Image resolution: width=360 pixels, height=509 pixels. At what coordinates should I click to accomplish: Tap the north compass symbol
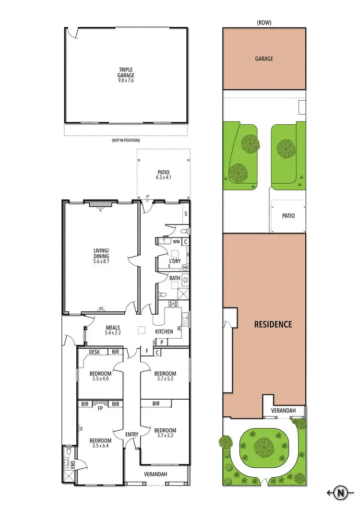[341, 492]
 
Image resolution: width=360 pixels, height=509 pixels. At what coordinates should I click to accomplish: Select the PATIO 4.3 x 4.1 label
[164, 175]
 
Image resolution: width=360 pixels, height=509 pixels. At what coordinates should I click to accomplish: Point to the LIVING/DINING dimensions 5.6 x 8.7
[102, 262]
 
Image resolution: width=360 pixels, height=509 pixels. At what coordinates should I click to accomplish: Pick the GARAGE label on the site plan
[264, 59]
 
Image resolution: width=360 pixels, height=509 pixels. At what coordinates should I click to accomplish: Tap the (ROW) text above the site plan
[264, 22]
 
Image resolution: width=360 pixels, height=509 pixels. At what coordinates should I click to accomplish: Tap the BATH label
[174, 278]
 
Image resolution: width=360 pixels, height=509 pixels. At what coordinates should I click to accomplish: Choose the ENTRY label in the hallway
[132, 435]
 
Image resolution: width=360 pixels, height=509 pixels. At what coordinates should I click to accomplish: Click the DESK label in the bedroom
[94, 352]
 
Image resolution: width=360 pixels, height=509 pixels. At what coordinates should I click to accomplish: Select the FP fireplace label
[100, 410]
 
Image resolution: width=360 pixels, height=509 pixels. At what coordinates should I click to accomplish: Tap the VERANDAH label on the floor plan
[156, 474]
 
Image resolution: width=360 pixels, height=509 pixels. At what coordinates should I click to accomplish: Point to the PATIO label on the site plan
[288, 216]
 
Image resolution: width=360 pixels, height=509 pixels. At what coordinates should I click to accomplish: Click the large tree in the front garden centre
[264, 446]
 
